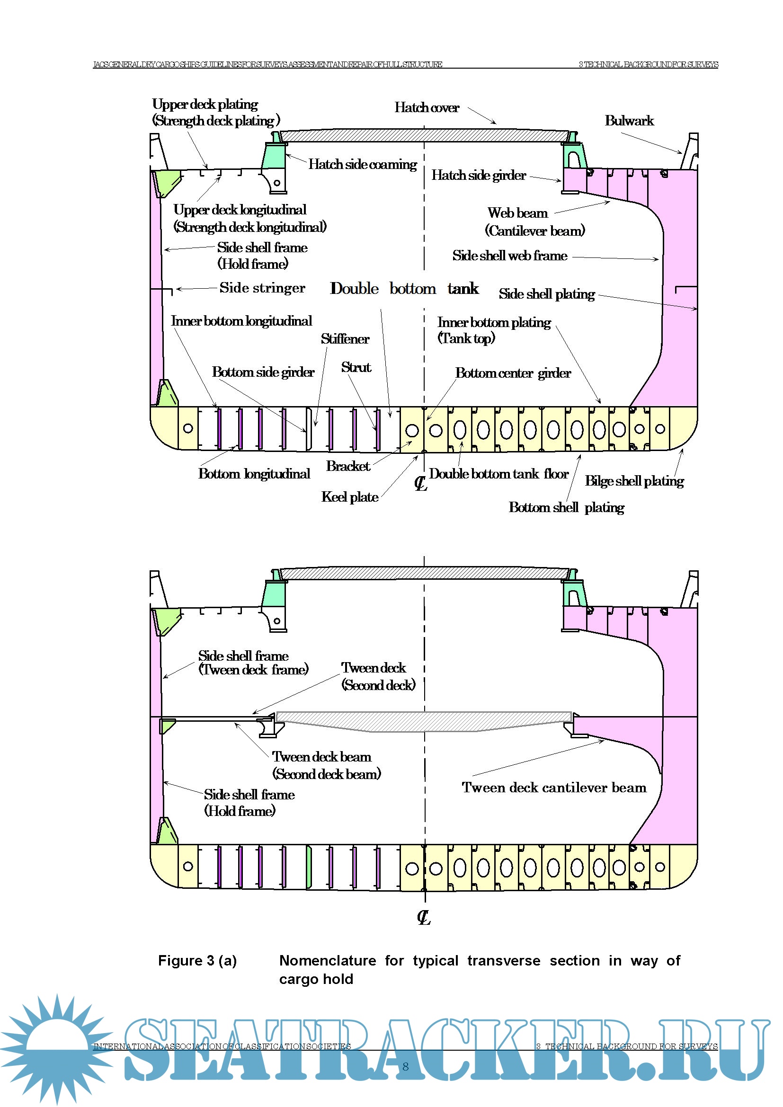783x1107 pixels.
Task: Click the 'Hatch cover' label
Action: tap(427, 107)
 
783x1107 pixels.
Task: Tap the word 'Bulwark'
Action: tap(629, 121)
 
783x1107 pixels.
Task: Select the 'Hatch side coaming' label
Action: tap(363, 164)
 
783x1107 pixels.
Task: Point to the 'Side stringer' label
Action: tap(262, 288)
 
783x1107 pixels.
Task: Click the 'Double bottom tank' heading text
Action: tap(404, 288)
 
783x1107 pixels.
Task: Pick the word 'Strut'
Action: tap(356, 367)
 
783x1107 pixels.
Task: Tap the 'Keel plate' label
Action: tap(350, 497)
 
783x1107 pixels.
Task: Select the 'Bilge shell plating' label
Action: tap(634, 481)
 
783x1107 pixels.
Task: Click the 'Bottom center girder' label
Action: tap(513, 373)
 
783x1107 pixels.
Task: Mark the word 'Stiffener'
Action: tap(345, 339)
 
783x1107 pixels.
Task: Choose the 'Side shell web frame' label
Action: tap(510, 256)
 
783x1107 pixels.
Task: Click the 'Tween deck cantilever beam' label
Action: tap(554, 788)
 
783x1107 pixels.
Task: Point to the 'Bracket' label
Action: tap(348, 466)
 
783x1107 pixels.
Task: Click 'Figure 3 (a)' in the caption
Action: tap(197, 961)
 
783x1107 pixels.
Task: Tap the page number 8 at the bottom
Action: tap(406, 1066)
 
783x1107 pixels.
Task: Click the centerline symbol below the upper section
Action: tap(421, 483)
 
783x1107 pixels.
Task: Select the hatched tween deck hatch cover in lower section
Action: tap(424, 720)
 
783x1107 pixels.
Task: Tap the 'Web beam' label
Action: tap(517, 213)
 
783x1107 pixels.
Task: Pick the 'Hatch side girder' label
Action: tap(478, 176)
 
